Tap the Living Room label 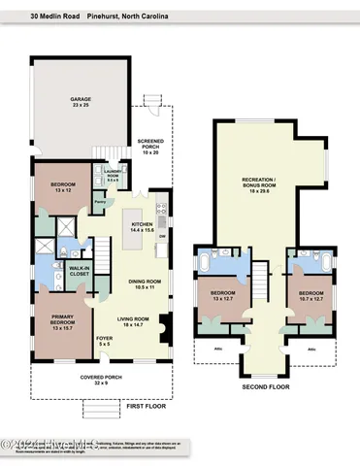133,321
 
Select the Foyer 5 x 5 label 104,342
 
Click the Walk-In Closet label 80,273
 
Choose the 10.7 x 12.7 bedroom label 311,295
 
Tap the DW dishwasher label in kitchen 162,236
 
